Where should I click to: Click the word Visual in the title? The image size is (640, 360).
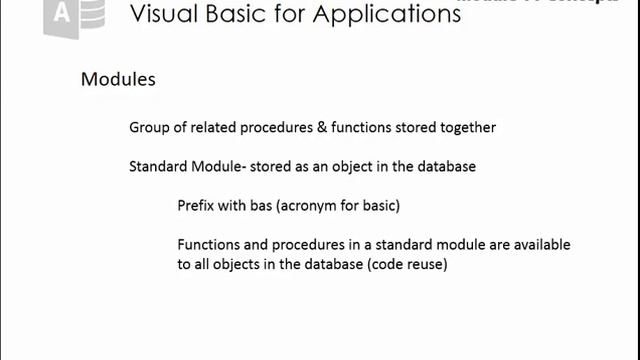coord(165,16)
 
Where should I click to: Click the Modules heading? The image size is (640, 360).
coord(118,79)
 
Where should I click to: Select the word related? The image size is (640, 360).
coord(217,128)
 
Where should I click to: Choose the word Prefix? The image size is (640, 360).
coord(197,206)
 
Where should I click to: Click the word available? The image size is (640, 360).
coord(540,245)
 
